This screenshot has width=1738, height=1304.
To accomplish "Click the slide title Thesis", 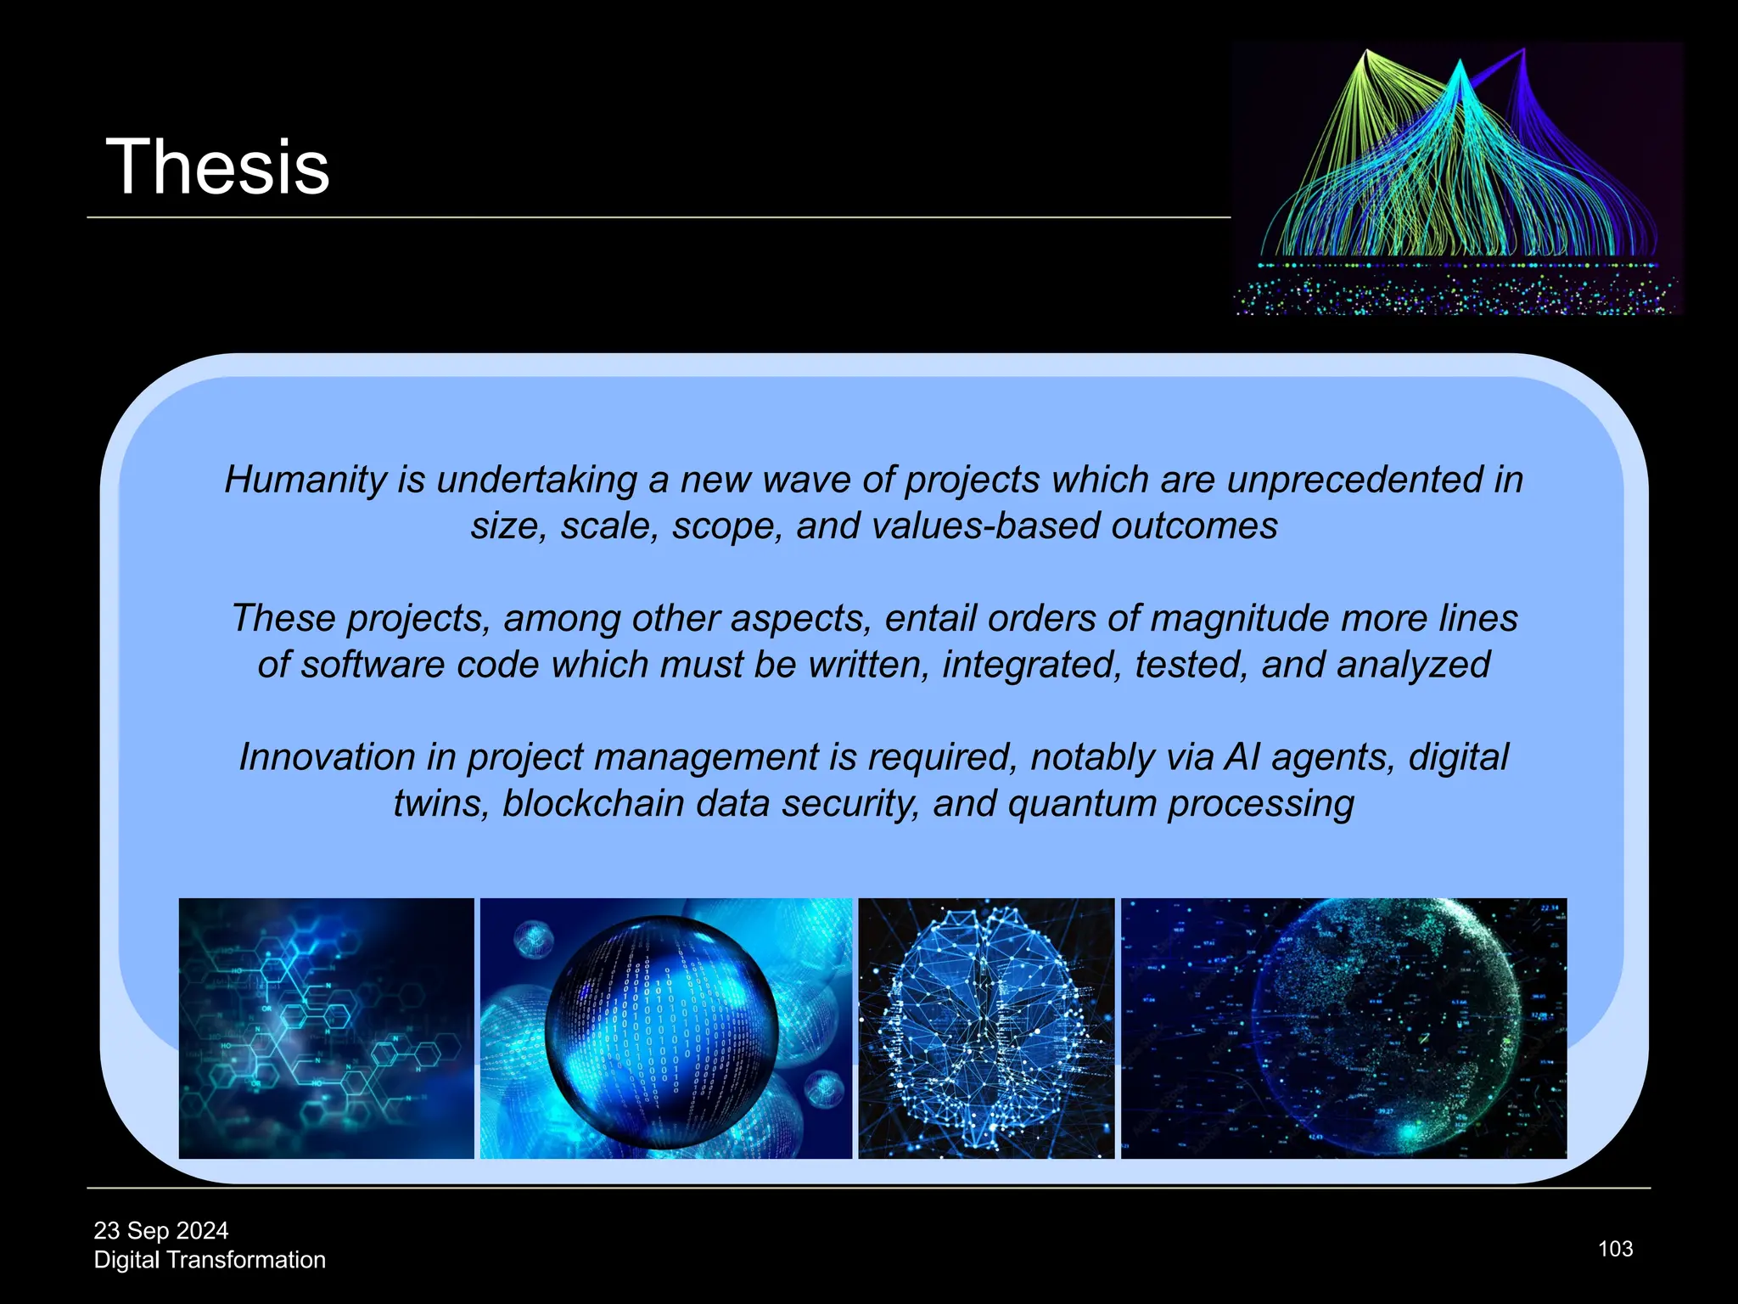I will coord(217,167).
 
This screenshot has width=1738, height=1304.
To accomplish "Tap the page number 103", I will coord(1615,1249).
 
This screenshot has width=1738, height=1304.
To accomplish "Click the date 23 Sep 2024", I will coord(161,1230).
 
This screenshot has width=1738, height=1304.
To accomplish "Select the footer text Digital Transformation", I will coord(210,1260).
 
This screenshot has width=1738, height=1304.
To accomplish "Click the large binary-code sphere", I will coord(661,1031).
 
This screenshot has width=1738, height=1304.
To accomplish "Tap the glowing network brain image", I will coord(986,1028).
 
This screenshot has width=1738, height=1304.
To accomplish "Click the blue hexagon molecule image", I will coord(326,1028).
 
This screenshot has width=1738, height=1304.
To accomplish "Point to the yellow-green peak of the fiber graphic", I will coord(1365,53).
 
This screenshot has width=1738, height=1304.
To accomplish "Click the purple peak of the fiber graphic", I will coord(1523,53).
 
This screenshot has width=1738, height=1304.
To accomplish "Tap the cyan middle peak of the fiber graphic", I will coord(1459,64).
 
